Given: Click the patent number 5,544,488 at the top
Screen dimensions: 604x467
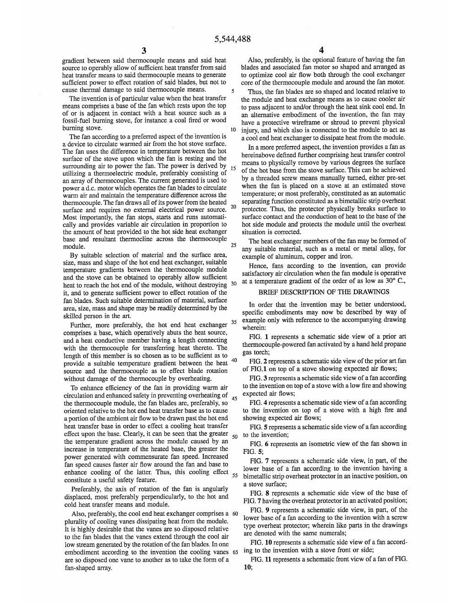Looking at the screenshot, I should (x=233, y=39).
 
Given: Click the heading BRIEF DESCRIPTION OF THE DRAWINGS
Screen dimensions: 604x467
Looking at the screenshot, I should (x=324, y=291).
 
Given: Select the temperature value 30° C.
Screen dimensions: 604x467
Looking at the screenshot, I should (x=395, y=281).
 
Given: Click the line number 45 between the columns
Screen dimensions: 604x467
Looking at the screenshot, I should (x=234, y=398).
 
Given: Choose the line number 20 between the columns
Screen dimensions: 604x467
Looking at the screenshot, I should (x=234, y=207).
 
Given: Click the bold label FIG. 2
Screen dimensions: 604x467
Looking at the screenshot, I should (x=259, y=361).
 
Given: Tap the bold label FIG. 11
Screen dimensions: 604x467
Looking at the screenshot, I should (x=261, y=559).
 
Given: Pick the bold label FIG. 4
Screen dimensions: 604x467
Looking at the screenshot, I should (x=259, y=402).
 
